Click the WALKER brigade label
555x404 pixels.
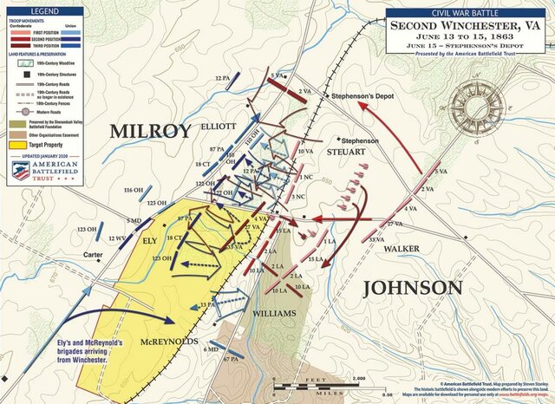tap(401, 249)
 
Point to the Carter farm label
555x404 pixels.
tap(93, 255)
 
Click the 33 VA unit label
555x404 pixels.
tap(376, 238)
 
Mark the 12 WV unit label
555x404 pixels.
tap(117, 238)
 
